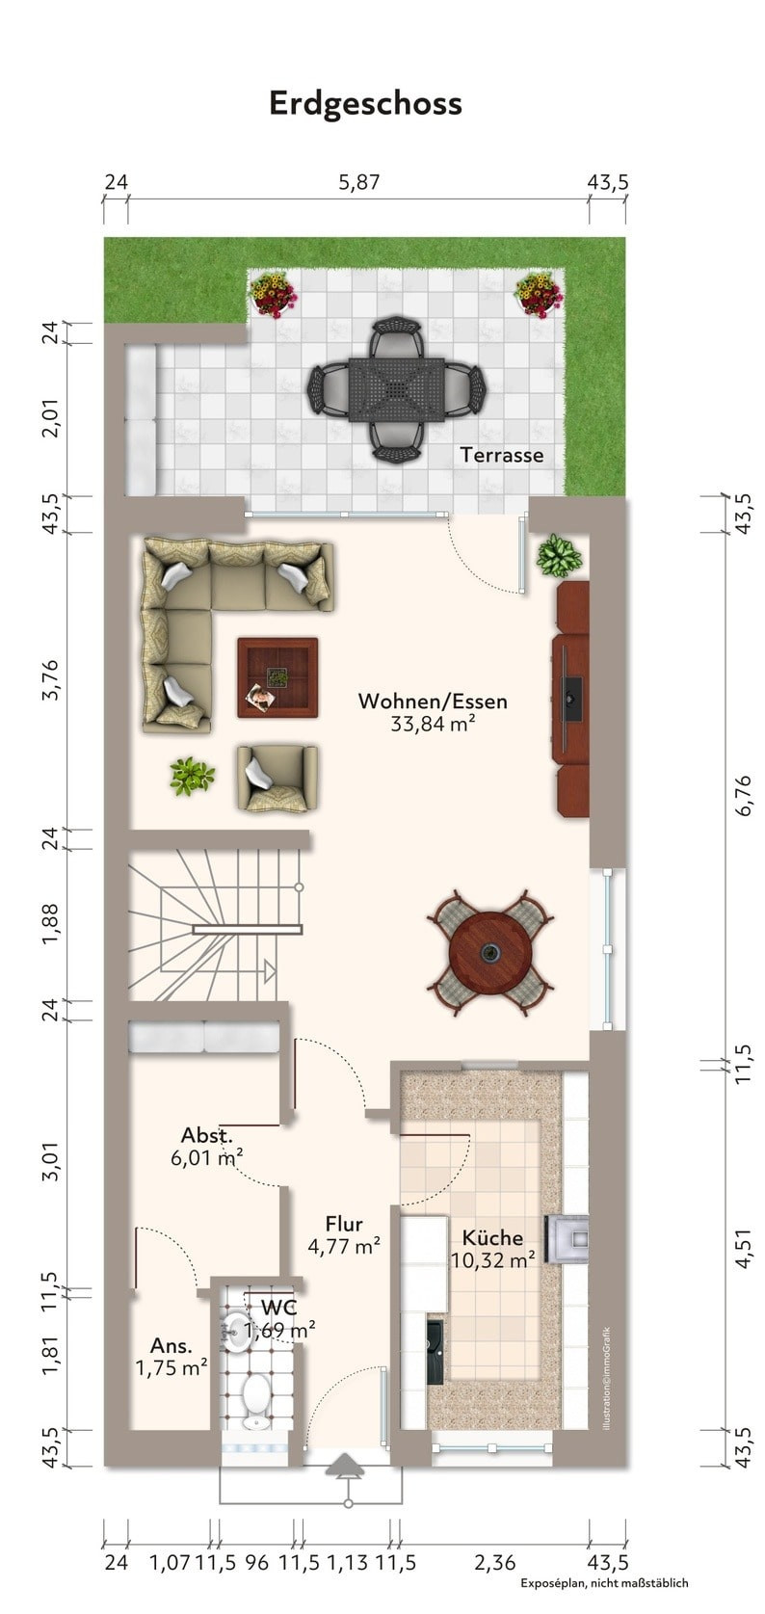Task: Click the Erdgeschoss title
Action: (365, 104)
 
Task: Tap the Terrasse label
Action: (501, 455)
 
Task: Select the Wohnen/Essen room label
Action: (433, 701)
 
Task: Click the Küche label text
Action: (492, 1238)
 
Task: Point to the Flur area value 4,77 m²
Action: (344, 1246)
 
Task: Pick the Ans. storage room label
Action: (171, 1345)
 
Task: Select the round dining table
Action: (490, 953)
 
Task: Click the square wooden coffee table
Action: (278, 677)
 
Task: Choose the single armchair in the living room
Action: (277, 779)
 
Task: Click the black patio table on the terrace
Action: (395, 389)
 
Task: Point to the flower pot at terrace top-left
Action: (272, 294)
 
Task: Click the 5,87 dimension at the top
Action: (358, 181)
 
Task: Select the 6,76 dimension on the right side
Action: (744, 796)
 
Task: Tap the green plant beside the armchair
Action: (192, 776)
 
